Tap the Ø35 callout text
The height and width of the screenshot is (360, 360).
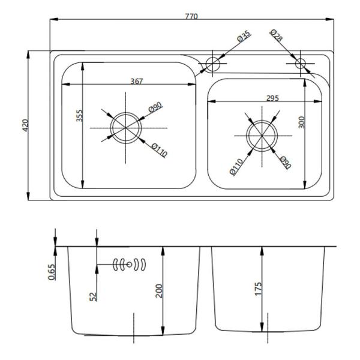[244, 37]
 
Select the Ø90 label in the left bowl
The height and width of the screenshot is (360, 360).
[155, 108]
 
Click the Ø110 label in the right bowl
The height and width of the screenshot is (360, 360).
[236, 166]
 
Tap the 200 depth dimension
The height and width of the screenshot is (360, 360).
[158, 292]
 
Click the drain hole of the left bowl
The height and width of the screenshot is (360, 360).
[124, 127]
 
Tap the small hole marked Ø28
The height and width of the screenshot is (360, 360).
[300, 63]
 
